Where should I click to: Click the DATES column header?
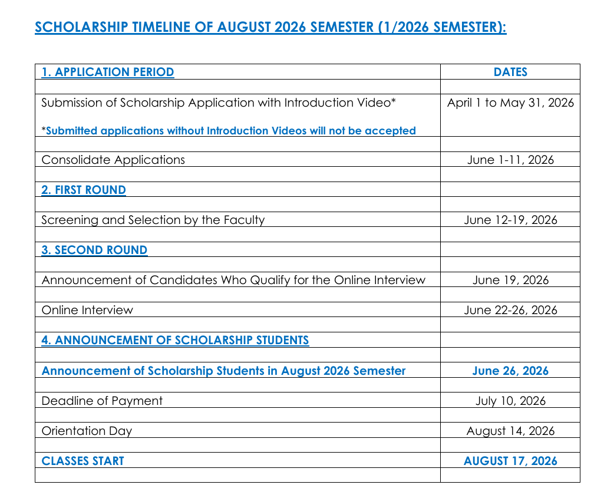[510, 72]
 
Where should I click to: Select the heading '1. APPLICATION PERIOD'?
[108, 72]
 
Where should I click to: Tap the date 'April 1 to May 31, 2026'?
[510, 103]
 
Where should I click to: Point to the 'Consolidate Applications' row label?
[113, 160]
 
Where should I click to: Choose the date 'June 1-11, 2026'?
[510, 160]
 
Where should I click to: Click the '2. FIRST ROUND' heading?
[84, 190]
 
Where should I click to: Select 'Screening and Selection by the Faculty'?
[153, 220]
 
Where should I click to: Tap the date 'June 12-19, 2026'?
[510, 220]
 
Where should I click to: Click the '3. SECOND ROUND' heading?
[94, 250]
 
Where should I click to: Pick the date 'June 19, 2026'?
[510, 280]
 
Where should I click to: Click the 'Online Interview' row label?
[87, 310]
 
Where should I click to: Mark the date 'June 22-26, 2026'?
[510, 310]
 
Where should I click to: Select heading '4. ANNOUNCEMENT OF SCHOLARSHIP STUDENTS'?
[175, 340]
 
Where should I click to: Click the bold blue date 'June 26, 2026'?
[510, 371]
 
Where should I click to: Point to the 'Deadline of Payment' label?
[102, 401]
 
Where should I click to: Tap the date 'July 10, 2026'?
[510, 401]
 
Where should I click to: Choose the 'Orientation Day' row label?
[87, 431]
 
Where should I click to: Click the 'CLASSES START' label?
[83, 461]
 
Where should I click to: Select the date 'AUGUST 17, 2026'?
[510, 461]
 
